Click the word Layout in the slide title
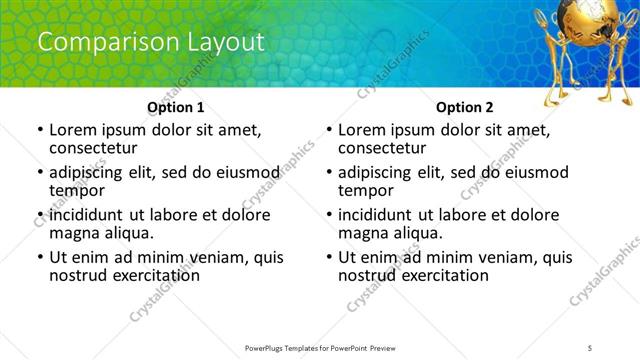(x=225, y=42)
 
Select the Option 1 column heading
(x=176, y=106)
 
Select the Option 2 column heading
(x=465, y=106)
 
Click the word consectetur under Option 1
(x=92, y=148)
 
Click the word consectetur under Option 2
(x=381, y=148)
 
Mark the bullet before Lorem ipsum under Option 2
(x=329, y=130)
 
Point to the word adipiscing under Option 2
(x=376, y=172)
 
